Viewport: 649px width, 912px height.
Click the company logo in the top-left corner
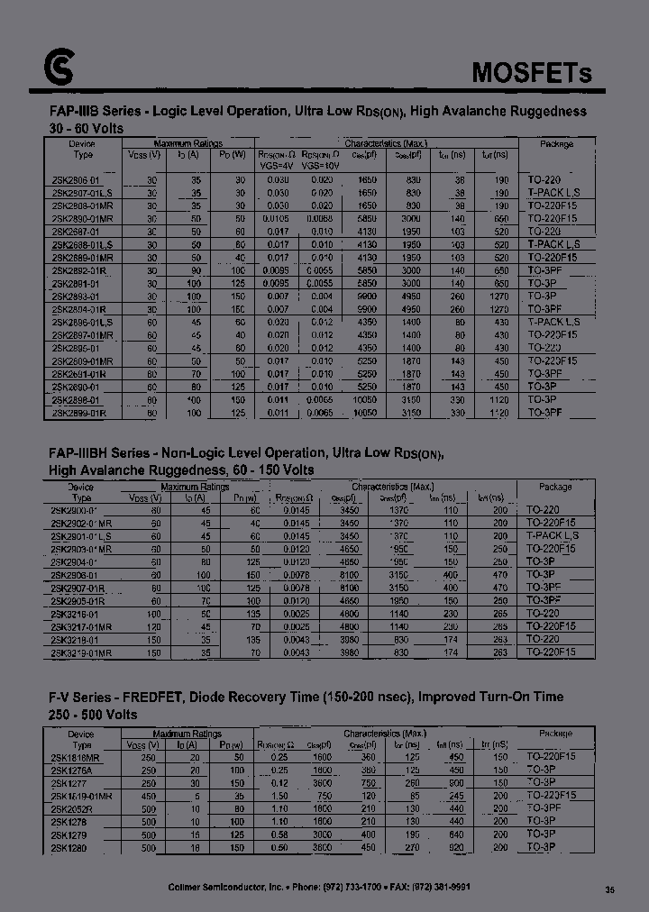pyautogui.click(x=59, y=66)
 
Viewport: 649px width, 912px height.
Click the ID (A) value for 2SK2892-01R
pyautogui.click(x=194, y=269)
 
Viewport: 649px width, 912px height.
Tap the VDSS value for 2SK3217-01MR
pyautogui.click(x=156, y=626)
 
